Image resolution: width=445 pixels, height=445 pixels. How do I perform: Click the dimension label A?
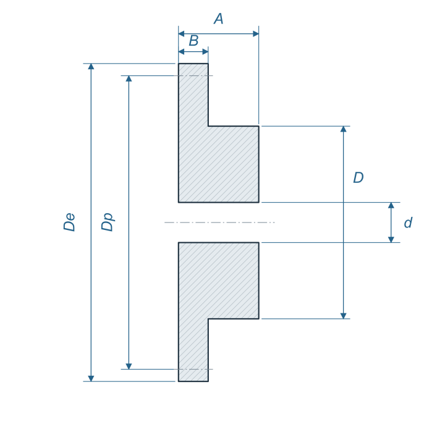pos(219,19)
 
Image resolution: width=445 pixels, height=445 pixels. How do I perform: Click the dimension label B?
pos(193,41)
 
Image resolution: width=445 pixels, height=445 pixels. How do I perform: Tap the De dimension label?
pos(69,222)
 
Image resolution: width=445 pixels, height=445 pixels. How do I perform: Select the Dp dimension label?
pos(108,222)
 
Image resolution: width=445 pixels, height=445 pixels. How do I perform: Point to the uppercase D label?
pos(358,177)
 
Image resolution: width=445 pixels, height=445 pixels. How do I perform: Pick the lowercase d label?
pos(408,222)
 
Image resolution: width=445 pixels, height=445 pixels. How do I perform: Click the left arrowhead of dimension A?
pos(181,34)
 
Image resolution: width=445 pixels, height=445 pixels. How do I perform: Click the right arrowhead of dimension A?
pos(256,34)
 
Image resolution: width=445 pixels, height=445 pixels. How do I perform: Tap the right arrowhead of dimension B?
pos(205,52)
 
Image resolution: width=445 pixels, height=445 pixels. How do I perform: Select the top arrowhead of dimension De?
pos(91,66)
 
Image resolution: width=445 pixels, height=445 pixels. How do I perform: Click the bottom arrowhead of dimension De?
pos(91,378)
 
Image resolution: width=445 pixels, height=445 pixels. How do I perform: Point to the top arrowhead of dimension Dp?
pos(129,78)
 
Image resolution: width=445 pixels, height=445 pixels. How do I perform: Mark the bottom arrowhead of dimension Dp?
pos(129,366)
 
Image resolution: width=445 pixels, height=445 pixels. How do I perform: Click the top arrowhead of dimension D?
pos(344,129)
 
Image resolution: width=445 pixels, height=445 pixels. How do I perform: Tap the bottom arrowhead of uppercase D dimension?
pos(344,316)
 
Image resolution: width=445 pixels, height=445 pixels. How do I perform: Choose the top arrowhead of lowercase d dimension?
pos(391,205)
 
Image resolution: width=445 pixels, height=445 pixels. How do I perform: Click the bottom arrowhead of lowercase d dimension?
pos(391,240)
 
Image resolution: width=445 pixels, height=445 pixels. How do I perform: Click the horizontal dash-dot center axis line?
pos(219,222)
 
